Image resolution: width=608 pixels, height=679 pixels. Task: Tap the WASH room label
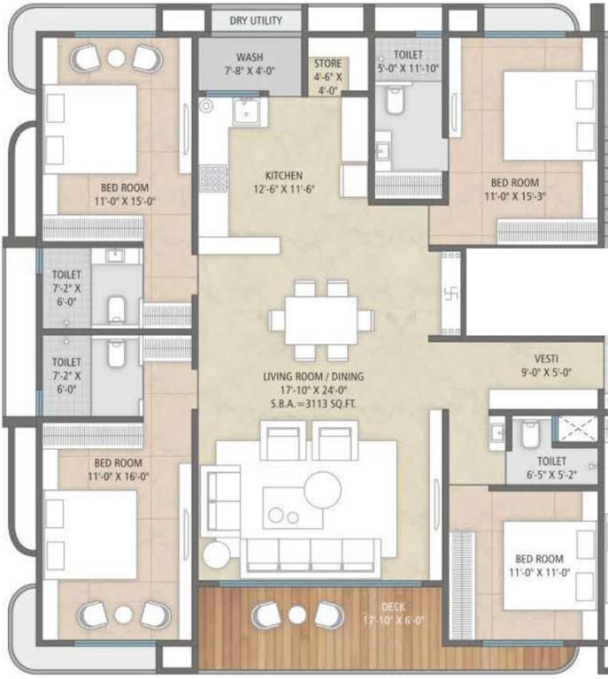[x=249, y=57]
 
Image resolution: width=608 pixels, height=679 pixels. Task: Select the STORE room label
[x=327, y=64]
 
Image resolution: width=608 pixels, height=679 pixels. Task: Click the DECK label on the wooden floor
[x=393, y=607]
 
